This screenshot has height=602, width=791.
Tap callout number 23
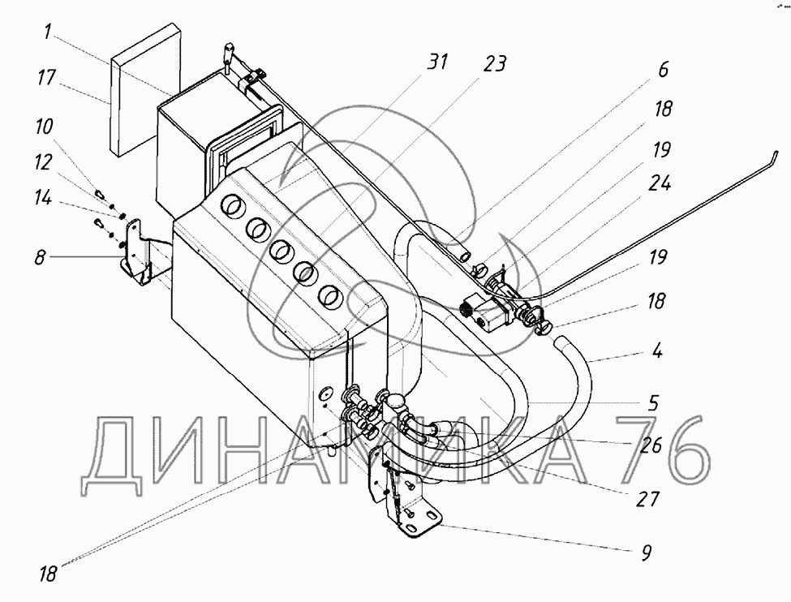(x=495, y=62)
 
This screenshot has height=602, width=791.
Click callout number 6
(x=663, y=71)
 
